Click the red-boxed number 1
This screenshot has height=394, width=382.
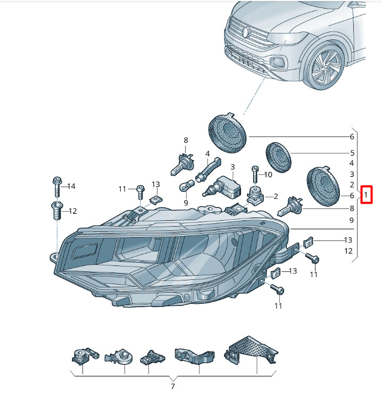point(366,195)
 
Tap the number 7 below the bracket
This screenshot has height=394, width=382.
point(172,386)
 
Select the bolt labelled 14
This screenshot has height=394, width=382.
point(57,187)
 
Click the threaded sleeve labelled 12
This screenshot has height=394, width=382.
point(57,211)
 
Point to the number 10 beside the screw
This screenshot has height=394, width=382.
point(268,175)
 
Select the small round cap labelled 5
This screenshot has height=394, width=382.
point(278,158)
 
